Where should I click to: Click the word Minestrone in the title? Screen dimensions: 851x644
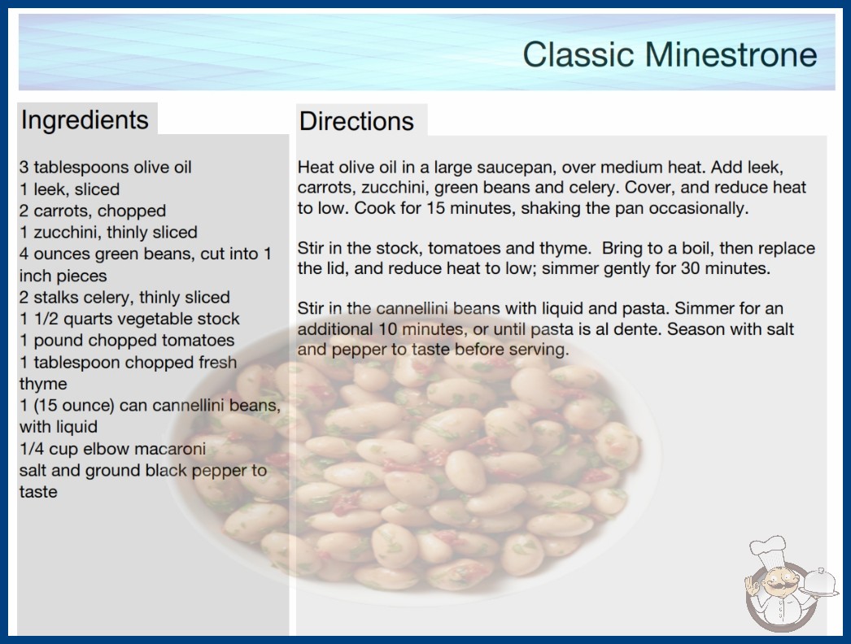731,54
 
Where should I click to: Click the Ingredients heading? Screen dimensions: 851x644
85,120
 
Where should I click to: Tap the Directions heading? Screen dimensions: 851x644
356,121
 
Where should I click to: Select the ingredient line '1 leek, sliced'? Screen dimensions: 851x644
69,189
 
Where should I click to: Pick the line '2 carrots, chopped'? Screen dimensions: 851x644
93,211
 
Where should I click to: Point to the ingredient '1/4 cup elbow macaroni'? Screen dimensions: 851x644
113,449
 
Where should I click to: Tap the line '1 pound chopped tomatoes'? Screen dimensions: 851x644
127,340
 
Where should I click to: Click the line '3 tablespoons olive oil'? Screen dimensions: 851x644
106,168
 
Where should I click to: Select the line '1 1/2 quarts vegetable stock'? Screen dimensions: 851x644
129,319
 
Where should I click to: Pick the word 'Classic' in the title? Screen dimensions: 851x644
578,54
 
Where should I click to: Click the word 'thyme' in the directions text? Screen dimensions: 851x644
564,249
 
